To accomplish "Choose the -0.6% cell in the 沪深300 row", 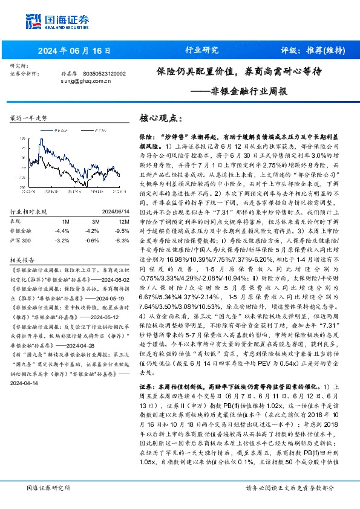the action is click(x=92, y=240).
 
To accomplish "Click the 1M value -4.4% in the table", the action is click(x=62, y=230).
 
